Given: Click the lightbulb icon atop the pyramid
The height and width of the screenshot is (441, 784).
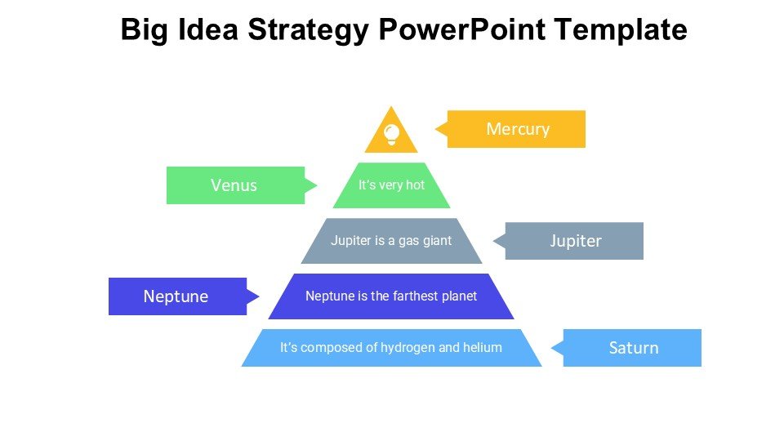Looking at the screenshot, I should pos(391,133).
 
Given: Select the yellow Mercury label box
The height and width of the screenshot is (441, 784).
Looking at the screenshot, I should pos(517,129).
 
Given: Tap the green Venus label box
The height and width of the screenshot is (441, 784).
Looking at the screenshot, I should pos(234,185).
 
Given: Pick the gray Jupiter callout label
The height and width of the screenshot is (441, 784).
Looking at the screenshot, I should pos(575,241).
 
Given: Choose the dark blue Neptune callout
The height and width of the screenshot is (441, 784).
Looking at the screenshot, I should pos(176,296).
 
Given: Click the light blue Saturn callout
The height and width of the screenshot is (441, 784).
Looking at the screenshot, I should pos(633,348).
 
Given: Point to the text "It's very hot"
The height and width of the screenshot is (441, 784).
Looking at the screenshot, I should pos(391,185).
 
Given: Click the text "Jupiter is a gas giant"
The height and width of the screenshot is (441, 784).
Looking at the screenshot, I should pos(391,241).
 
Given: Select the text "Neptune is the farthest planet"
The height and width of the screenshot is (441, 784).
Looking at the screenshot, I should pos(391,296).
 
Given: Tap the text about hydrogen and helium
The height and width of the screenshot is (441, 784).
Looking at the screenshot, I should pos(391,348).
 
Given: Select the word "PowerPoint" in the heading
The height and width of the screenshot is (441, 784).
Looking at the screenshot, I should pos(464,31).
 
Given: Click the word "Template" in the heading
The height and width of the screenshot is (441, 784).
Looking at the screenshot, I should pos(621,31).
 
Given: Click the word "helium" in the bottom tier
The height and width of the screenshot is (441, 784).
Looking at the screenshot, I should pos(483,348).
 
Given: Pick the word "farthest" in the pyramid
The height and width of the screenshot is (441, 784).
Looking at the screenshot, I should pos(411,296).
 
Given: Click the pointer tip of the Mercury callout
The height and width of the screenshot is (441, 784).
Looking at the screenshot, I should pos(436,129).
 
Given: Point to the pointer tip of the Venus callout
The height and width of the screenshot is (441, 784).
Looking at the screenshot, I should pos(316,185).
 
